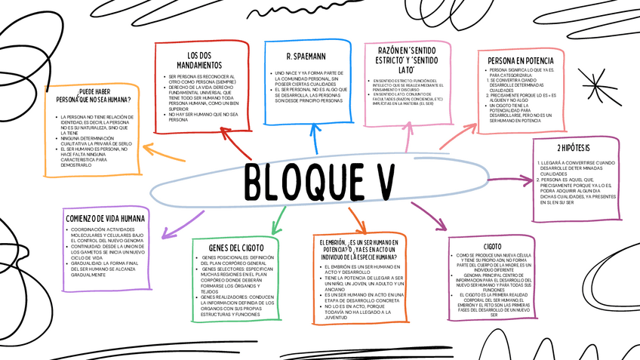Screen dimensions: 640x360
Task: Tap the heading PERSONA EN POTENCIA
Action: [x=521, y=60]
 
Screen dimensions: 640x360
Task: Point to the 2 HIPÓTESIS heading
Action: [x=574, y=148]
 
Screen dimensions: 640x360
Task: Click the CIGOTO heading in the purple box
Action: [x=493, y=245]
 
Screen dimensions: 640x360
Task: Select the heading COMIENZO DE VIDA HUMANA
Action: [x=104, y=219]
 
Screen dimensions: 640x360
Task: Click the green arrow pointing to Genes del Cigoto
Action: [x=279, y=220]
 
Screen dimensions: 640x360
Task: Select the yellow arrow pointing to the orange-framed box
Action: [x=162, y=152]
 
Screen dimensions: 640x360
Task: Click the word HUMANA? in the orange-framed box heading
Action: [x=117, y=100]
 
